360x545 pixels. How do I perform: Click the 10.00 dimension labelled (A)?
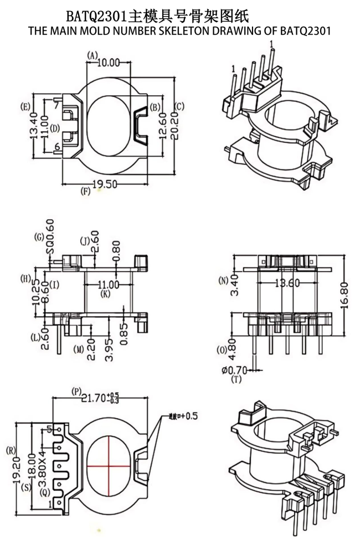tap(109, 62)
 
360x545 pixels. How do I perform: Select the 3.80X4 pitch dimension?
tap(42, 464)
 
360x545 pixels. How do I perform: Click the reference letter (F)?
tap(85, 192)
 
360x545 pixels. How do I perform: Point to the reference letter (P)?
tap(76, 392)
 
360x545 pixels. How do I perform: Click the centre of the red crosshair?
tap(109, 465)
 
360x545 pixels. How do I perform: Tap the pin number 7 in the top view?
tap(56, 104)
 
